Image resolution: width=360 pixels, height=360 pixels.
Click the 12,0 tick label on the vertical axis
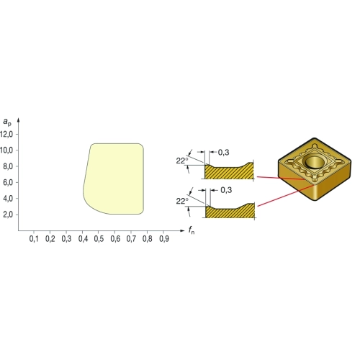click(x=6, y=135)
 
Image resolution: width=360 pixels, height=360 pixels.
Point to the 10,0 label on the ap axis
click(x=6, y=150)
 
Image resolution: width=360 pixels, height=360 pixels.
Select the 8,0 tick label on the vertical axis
click(x=8, y=166)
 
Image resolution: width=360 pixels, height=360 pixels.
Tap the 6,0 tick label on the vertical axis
click(x=8, y=183)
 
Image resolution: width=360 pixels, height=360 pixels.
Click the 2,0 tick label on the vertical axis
click(x=8, y=215)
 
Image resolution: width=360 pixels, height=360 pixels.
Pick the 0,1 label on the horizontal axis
click(x=34, y=239)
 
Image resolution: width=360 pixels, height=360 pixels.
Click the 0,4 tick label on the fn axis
click(x=83, y=239)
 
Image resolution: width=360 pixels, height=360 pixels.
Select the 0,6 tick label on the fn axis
click(x=115, y=239)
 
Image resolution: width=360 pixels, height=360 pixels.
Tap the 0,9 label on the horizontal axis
click(x=164, y=239)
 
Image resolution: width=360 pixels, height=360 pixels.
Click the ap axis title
click(x=7, y=122)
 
